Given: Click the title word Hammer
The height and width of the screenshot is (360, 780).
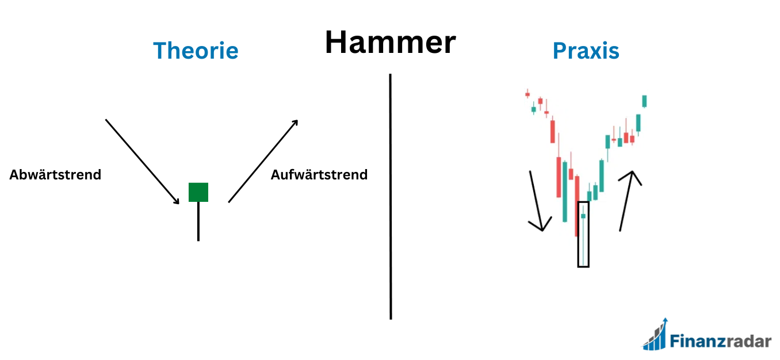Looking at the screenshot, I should click(x=390, y=43).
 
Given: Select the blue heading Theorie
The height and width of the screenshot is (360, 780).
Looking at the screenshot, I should click(x=196, y=51).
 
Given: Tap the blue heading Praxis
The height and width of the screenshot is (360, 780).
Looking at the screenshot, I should click(x=586, y=51).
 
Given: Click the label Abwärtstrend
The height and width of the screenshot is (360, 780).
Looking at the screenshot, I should click(x=55, y=175).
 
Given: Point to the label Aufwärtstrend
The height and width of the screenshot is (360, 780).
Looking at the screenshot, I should click(x=319, y=175).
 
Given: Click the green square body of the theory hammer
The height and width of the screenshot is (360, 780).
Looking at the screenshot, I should click(x=198, y=192).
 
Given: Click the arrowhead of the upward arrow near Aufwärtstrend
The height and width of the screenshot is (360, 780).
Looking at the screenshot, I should click(x=295, y=122).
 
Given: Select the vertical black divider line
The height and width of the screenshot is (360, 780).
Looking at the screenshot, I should click(x=390, y=196).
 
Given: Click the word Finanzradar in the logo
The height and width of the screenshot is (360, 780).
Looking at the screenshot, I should click(x=720, y=341).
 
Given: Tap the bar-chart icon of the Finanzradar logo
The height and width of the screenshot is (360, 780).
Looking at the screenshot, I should click(x=655, y=336).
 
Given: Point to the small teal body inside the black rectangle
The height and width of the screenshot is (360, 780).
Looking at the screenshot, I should click(x=583, y=216).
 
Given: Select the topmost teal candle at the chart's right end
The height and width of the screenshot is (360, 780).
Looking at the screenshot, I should click(x=644, y=101).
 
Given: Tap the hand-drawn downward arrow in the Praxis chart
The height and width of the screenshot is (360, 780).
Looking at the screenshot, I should click(x=537, y=201).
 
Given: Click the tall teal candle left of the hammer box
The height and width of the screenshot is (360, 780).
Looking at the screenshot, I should click(x=564, y=192).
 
